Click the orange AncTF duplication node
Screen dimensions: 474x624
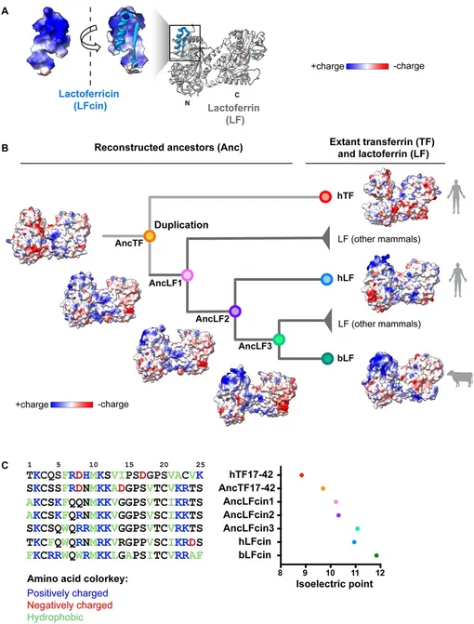[150, 236]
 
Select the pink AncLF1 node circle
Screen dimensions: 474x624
[188, 275]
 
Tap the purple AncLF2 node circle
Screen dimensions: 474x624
[235, 311]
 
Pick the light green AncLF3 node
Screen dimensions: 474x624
[279, 339]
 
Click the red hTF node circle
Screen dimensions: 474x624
[325, 196]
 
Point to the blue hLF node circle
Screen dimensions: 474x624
[326, 279]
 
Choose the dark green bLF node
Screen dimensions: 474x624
[327, 358]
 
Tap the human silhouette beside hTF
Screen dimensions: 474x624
[456, 196]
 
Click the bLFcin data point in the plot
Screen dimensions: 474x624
[376, 555]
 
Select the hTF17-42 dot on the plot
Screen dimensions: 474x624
[302, 475]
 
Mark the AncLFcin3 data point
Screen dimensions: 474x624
[358, 528]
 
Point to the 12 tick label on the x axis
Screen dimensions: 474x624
[380, 573]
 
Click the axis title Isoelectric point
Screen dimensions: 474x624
[335, 584]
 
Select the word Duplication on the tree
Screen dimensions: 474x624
[181, 225]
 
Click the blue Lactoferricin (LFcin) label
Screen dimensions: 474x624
[89, 100]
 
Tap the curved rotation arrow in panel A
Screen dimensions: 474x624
[90, 42]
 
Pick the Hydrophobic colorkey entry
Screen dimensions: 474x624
[55, 617]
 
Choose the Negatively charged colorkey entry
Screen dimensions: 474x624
[70, 605]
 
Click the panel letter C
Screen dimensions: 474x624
[6, 465]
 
